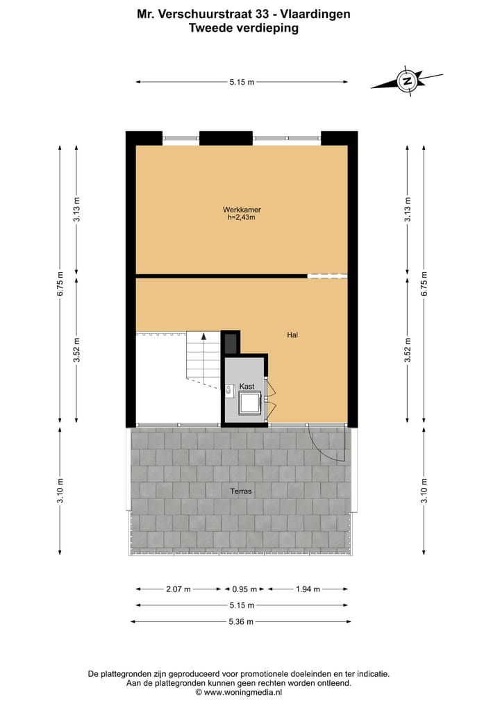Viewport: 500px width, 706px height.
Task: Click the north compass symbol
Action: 407,81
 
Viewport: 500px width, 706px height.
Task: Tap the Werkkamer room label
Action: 242,210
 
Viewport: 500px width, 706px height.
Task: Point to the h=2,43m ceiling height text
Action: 242,217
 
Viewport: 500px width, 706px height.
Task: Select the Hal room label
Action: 292,335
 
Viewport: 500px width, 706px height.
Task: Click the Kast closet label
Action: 247,386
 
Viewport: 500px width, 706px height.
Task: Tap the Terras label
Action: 241,491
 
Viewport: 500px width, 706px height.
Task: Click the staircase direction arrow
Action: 203,337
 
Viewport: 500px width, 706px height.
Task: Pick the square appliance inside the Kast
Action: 249,403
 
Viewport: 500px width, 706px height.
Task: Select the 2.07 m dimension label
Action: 177,589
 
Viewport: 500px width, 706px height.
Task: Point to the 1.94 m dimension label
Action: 308,589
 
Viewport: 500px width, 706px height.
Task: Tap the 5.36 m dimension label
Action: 241,621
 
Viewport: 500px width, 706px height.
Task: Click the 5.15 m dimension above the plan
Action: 241,82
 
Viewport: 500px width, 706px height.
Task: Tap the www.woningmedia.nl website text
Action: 243,692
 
